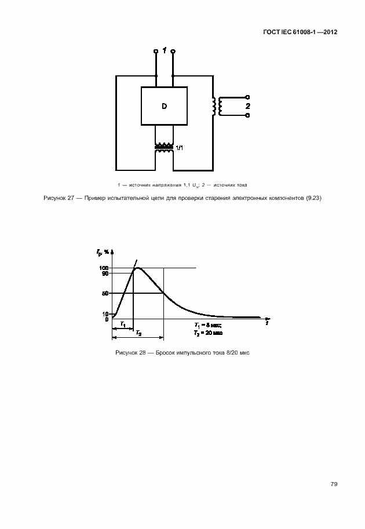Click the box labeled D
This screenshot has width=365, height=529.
(164, 106)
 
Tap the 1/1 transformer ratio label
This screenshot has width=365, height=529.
(180, 148)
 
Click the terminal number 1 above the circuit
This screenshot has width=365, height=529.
(165, 52)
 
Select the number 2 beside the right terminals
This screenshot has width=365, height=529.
(247, 107)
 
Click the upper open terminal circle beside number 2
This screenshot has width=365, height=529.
(248, 97)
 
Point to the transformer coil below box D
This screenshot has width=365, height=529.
(164, 148)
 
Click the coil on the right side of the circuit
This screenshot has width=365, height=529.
(215, 106)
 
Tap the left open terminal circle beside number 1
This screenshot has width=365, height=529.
(156, 52)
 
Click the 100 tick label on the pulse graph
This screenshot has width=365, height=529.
(104, 268)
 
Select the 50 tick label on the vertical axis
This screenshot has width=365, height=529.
(105, 293)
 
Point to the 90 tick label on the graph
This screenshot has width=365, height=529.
(105, 273)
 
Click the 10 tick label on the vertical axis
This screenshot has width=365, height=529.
(105, 313)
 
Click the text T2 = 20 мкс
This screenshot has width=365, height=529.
(208, 333)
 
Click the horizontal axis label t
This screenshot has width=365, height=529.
(267, 324)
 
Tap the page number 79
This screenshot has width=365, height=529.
(334, 484)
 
